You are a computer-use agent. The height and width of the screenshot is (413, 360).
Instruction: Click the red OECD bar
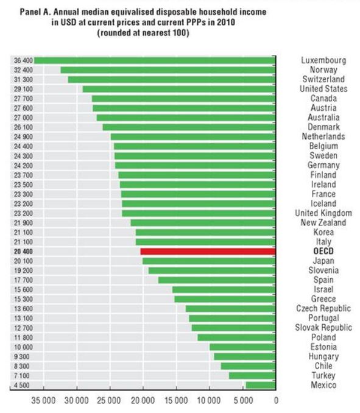click(x=208, y=252)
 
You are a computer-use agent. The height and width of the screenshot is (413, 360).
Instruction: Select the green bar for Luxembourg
click(x=155, y=60)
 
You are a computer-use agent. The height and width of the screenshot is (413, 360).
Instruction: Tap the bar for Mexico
click(x=261, y=385)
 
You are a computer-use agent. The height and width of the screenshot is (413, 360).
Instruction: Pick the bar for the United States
click(x=179, y=89)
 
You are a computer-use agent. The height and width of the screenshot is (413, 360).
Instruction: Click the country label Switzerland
click(x=323, y=79)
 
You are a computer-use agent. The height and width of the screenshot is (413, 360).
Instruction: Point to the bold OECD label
click(x=323, y=252)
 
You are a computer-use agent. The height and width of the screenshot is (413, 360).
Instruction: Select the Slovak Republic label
click(x=323, y=328)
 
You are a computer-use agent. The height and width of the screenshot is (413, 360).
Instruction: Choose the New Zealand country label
click(x=323, y=223)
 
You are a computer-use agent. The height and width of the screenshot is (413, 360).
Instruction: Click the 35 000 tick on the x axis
click(x=43, y=401)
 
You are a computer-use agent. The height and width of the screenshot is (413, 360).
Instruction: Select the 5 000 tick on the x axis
click(x=242, y=401)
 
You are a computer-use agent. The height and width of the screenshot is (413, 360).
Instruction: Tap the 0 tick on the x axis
click(x=276, y=401)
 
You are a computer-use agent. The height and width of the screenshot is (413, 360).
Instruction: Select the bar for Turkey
click(x=252, y=375)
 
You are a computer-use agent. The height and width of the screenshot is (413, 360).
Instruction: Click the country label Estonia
click(x=323, y=347)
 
